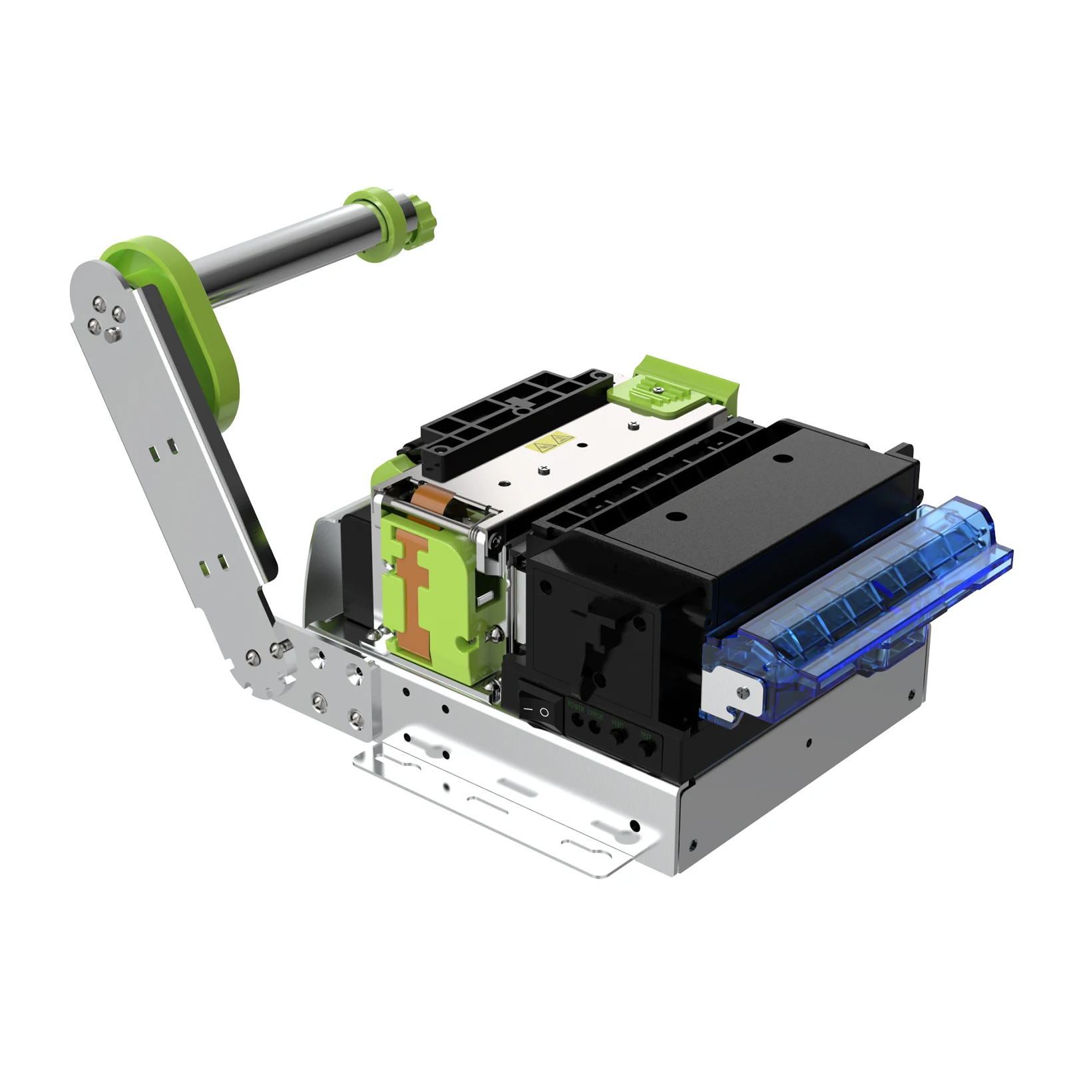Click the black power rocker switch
(536, 710)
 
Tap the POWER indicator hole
(578, 720)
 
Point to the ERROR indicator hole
(594, 727)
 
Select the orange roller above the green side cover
(429, 500)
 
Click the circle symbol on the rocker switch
(544, 713)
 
